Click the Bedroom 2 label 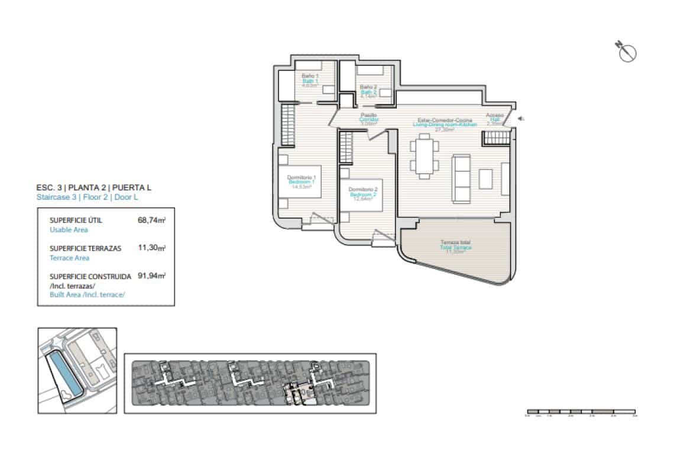pyautogui.click(x=363, y=195)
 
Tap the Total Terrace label pyautogui.click(x=455, y=247)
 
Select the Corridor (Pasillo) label pyautogui.click(x=369, y=119)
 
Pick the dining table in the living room pyautogui.click(x=423, y=156)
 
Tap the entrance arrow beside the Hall pyautogui.click(x=520, y=119)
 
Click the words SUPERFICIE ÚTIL pyautogui.click(x=76, y=220)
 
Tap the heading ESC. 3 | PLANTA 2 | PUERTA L pyautogui.click(x=93, y=187)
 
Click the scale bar pyautogui.click(x=581, y=411)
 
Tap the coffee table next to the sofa pyautogui.click(x=485, y=178)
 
